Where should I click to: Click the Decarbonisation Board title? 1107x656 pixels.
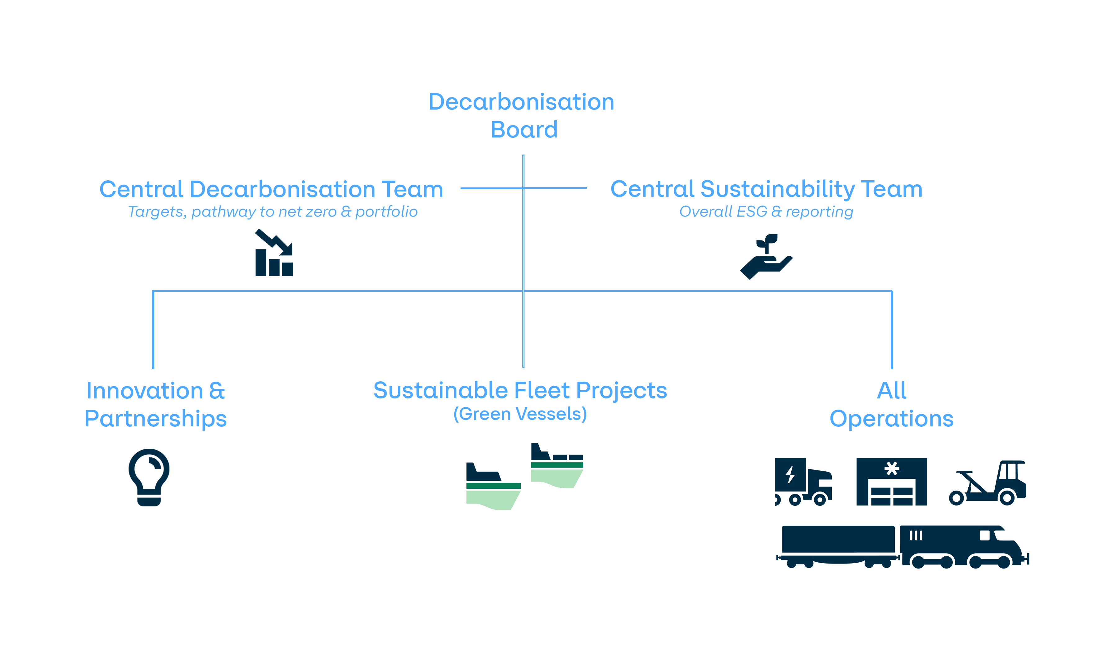pyautogui.click(x=522, y=115)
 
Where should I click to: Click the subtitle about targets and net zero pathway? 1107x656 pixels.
pyautogui.click(x=272, y=212)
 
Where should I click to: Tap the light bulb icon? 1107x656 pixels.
pyautogui.click(x=149, y=477)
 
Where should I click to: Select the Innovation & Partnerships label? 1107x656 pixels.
pyautogui.click(x=155, y=404)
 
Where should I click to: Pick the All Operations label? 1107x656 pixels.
pyautogui.click(x=891, y=404)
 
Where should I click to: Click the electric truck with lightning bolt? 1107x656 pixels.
pyautogui.click(x=803, y=482)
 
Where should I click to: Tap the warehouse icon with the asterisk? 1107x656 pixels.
pyautogui.click(x=891, y=482)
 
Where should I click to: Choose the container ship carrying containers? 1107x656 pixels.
pyautogui.click(x=557, y=465)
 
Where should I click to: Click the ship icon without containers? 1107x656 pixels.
pyautogui.click(x=493, y=486)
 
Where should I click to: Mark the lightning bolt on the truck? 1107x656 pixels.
pyautogui.click(x=790, y=475)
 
